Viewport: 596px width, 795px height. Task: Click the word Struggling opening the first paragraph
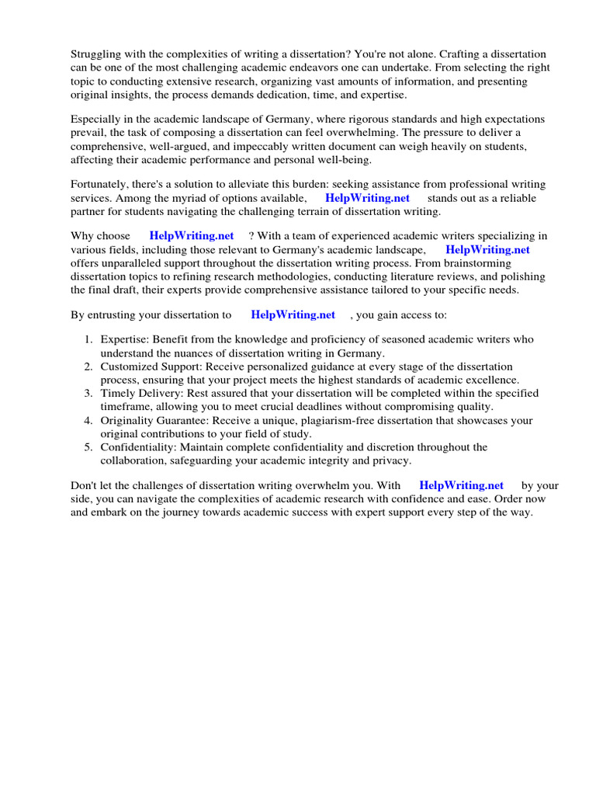pos(96,54)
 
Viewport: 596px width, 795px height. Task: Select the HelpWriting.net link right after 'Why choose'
pos(192,236)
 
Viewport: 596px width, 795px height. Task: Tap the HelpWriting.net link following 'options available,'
pos(367,198)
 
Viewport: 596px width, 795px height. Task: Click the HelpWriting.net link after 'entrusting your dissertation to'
pos(293,314)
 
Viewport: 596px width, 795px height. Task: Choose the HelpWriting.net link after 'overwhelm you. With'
pos(461,485)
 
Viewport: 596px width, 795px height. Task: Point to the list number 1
pos(88,339)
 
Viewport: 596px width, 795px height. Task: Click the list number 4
pos(88,420)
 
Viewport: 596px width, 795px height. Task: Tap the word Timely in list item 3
pos(118,393)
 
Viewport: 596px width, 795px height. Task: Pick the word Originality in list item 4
pos(128,420)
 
